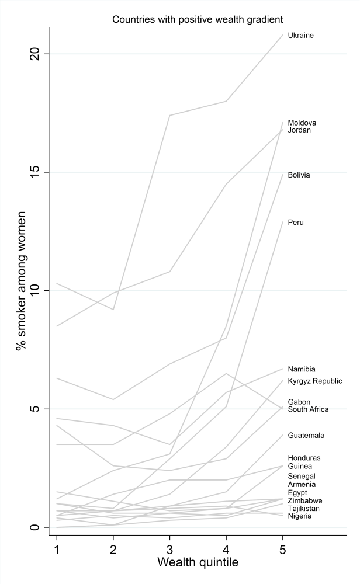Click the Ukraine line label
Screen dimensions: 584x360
[x=300, y=36]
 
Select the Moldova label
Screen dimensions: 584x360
[x=302, y=123]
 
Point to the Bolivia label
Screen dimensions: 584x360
[x=299, y=175]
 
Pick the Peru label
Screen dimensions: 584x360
[x=296, y=223]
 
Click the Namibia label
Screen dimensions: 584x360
[x=302, y=369]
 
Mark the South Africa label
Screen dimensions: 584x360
[x=308, y=409]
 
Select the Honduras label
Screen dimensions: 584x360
[x=304, y=458]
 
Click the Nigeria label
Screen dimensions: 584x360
[x=300, y=516]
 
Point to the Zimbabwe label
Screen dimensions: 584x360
[x=304, y=501]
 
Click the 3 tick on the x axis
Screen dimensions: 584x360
[x=169, y=549]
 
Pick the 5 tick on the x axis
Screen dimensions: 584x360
[x=282, y=549]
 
